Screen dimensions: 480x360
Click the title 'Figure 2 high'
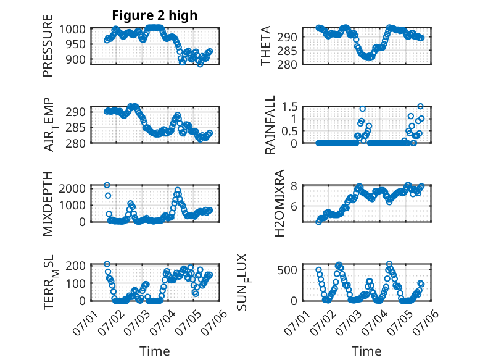point(155,15)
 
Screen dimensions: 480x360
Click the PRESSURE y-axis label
point(48,46)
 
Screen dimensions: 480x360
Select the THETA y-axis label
point(266,46)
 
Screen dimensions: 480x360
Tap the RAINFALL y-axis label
point(270,125)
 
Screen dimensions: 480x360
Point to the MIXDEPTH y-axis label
point(48,204)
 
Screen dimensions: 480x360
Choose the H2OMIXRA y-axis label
point(279,203)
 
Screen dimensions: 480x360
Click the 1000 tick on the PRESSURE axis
point(72,30)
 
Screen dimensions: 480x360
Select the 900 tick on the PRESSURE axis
point(75,59)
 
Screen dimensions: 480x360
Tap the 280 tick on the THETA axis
point(287,64)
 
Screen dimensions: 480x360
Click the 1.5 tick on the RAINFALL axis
point(289,107)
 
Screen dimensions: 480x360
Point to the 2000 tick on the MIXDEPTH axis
point(72,188)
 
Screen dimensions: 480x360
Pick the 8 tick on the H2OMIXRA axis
point(294,186)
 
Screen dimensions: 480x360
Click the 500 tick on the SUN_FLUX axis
point(287,270)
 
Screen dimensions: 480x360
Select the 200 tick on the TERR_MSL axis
point(75,266)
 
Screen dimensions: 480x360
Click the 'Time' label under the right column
point(366,351)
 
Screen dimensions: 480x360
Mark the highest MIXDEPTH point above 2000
point(107,185)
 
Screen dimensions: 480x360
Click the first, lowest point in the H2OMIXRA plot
point(319,222)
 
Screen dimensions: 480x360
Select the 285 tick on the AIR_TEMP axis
point(75,127)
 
